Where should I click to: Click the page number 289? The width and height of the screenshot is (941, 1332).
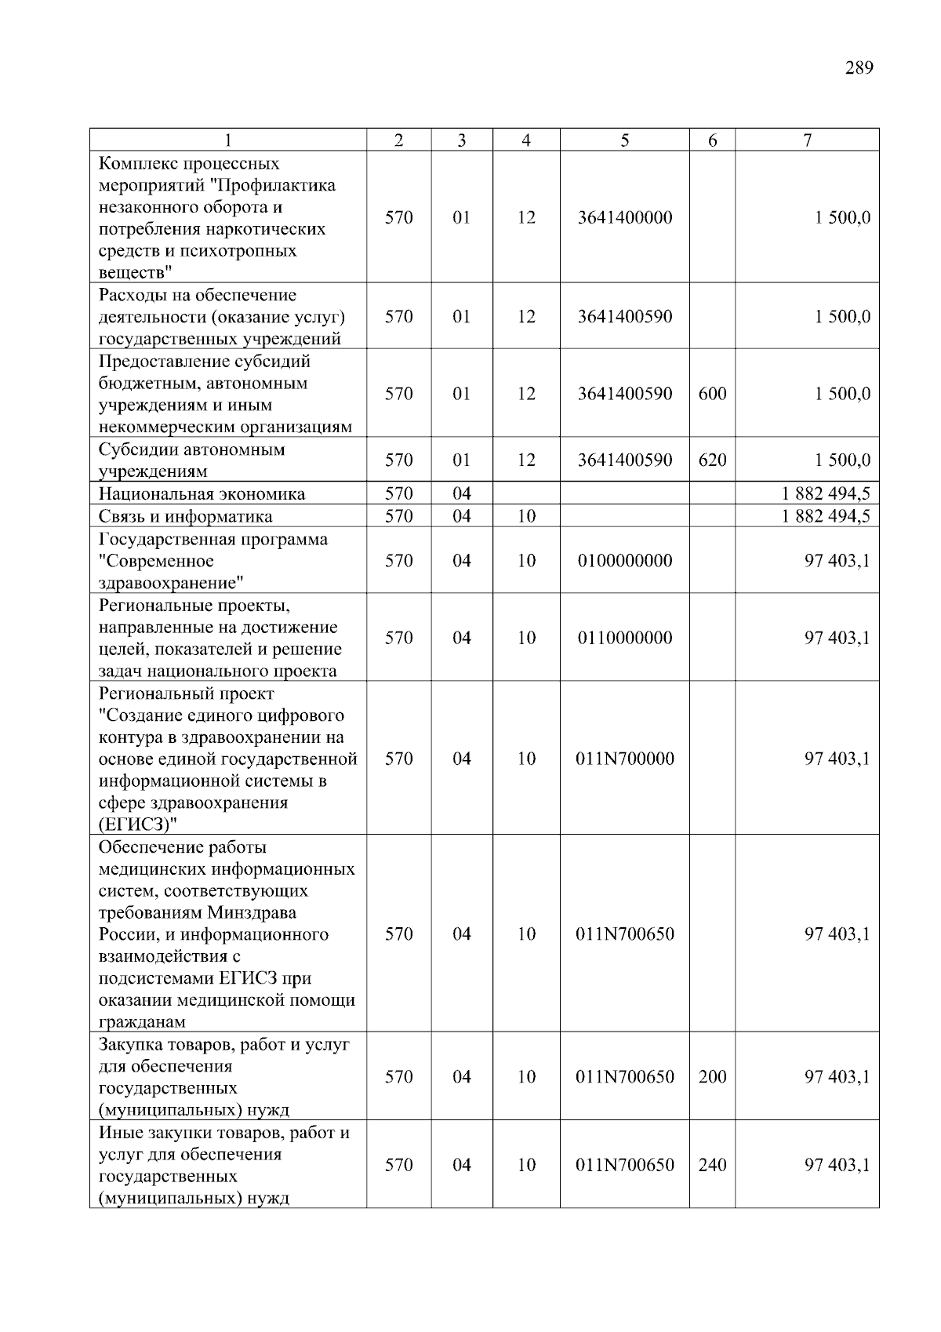pos(859,67)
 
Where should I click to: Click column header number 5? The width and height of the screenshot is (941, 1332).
pos(624,140)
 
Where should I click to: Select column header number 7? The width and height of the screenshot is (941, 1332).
pos(807,140)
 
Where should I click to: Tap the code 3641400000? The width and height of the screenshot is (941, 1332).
pos(624,217)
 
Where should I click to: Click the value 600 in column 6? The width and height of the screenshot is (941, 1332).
pos(712,394)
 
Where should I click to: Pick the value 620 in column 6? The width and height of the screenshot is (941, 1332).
pos(712,460)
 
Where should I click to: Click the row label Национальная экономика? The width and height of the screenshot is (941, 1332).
pos(202,494)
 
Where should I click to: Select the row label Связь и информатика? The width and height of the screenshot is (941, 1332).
pos(185,516)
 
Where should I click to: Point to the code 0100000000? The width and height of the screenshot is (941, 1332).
pos(624,561)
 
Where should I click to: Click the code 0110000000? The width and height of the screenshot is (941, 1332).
pos(624,638)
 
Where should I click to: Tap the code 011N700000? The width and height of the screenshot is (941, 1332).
pos(624,759)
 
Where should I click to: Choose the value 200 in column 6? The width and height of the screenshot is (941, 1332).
pos(712,1077)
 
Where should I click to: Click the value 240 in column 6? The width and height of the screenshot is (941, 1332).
pos(712,1165)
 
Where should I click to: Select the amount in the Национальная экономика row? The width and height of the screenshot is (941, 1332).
pos(825,494)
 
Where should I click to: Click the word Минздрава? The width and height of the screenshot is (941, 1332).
pos(252,913)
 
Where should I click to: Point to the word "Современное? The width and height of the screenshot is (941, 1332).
pos(156,562)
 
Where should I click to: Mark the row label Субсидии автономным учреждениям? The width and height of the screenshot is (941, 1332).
pos(191,460)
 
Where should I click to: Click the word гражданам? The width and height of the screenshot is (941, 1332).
pos(142,1022)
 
